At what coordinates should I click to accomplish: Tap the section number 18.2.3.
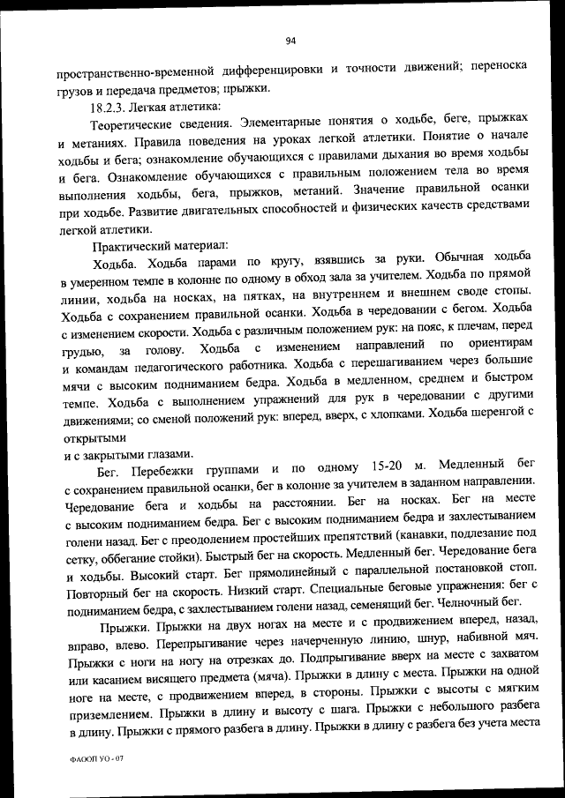pyautogui.click(x=108, y=108)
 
